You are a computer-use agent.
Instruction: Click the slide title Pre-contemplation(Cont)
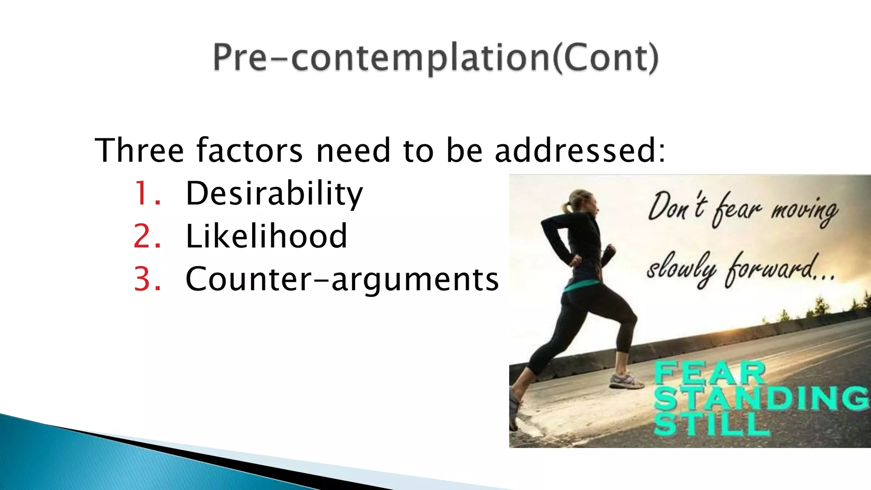[x=435, y=58]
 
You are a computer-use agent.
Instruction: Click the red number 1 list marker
[x=146, y=194]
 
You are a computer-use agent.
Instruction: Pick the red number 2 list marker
[x=146, y=236]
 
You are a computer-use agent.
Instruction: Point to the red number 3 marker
[x=147, y=279]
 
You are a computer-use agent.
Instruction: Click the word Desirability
[x=274, y=194]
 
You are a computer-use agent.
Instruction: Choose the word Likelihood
[x=266, y=236]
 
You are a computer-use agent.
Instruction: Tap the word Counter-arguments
[x=342, y=280]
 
